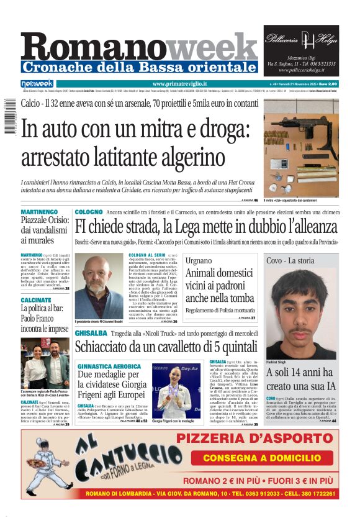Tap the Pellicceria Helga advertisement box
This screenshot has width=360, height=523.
[301, 50]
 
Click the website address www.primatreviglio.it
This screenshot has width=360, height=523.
[179, 84]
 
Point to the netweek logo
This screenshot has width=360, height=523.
[37, 84]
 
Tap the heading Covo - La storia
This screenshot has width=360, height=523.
[290, 261]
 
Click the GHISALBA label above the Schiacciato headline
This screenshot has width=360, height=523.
[88, 334]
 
